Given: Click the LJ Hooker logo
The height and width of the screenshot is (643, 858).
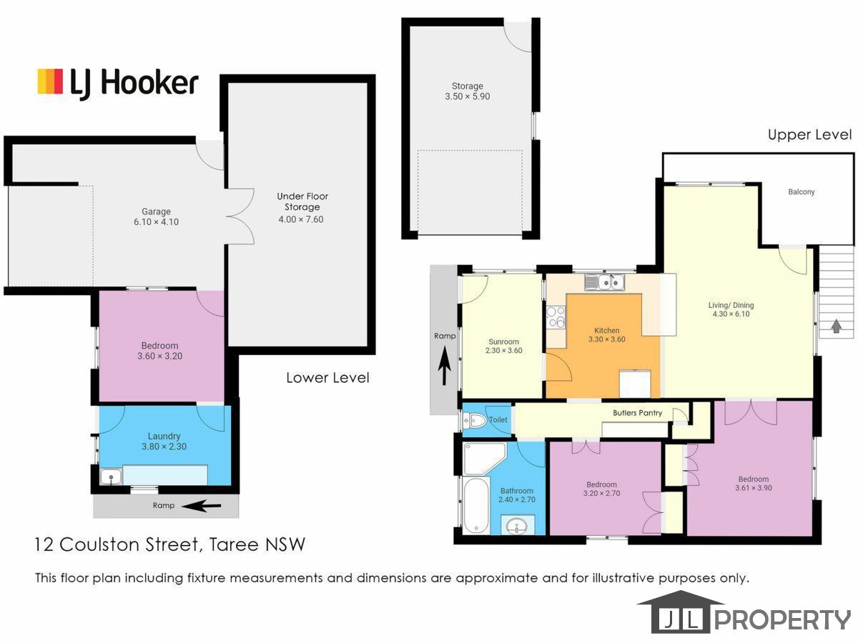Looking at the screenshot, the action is coord(118,83).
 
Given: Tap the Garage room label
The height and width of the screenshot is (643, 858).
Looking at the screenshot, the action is coord(156,211).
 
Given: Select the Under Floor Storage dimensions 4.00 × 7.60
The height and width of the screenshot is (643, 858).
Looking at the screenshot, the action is coord(300,219).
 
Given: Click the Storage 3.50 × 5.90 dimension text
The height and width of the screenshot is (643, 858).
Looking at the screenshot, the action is coord(467,96).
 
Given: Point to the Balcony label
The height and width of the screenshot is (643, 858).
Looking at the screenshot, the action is coord(802,191).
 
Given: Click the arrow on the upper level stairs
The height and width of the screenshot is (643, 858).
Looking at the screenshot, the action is coord(836,326).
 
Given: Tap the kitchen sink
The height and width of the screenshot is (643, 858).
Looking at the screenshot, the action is coord(604,281).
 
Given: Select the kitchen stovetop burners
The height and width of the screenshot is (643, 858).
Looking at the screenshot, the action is coord(556,316).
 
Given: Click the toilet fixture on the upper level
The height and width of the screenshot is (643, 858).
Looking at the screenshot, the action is coord(475,421).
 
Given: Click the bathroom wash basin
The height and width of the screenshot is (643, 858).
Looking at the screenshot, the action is coord(517,526).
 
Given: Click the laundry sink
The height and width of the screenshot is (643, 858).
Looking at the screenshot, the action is coord(111,477).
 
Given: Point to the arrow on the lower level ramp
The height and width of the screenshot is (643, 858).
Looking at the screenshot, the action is coord(202,507).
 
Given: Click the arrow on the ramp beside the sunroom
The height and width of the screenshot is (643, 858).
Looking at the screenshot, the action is coord(443,367).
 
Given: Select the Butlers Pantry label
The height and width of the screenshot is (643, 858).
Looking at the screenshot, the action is coord(637,413).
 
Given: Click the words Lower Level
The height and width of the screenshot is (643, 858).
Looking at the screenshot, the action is coord(327,377).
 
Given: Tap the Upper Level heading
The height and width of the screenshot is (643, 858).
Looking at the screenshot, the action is coord(809,135).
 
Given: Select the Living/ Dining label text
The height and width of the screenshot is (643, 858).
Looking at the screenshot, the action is coord(731,305).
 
